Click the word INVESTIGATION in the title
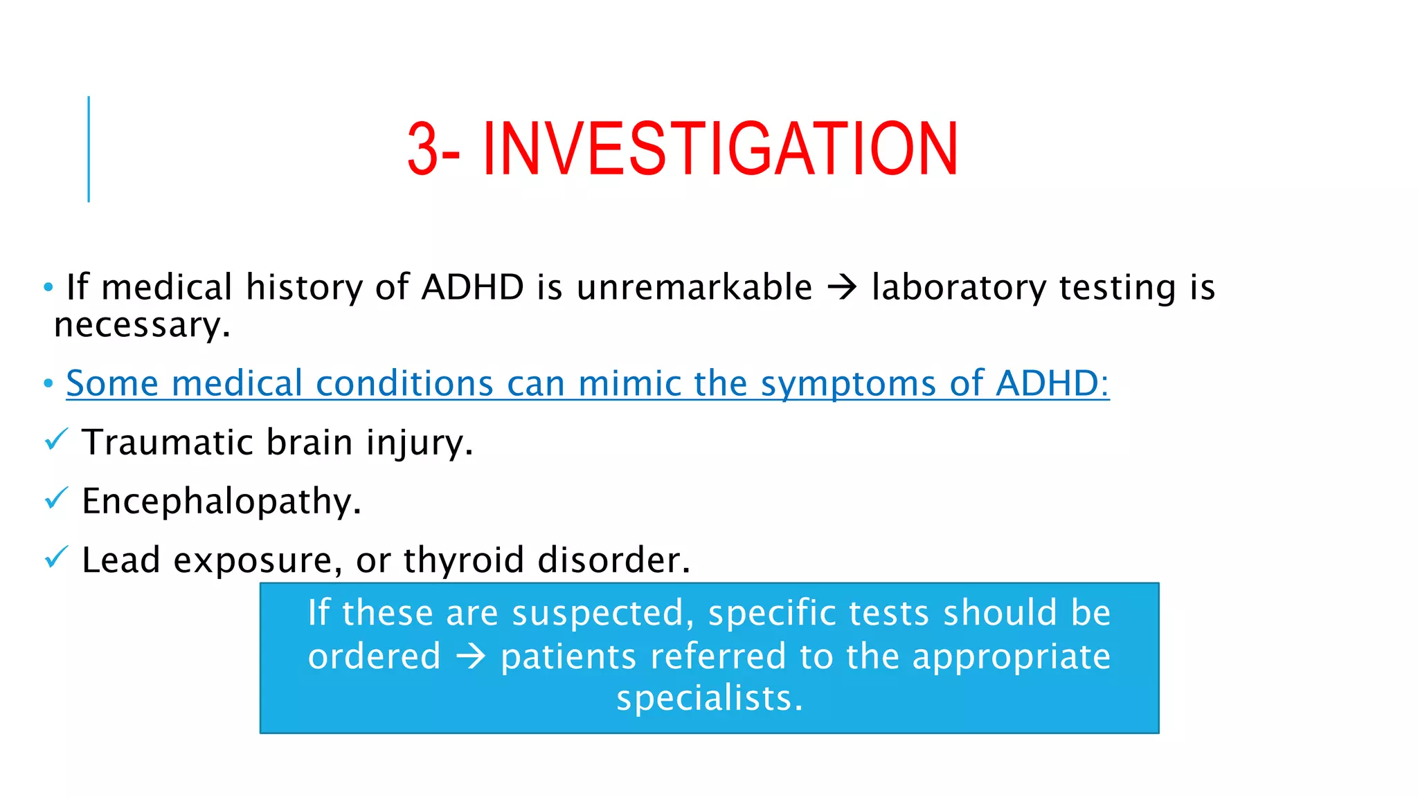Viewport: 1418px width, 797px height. pos(720,149)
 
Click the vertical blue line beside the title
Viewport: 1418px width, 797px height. pos(89,149)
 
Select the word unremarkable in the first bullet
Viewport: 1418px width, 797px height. pos(694,287)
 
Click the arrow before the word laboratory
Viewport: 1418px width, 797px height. pos(842,287)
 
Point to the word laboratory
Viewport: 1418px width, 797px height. pos(959,288)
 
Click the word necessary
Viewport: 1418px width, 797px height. pos(141,325)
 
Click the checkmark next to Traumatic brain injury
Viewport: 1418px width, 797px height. pos(56,439)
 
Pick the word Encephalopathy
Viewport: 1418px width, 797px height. pos(221,502)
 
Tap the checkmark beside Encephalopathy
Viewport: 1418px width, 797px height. pos(56,498)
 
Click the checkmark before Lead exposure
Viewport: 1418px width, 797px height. pos(56,557)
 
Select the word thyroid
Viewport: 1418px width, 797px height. pos(463,560)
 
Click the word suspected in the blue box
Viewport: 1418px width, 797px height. pos(602,614)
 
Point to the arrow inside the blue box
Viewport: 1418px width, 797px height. pos(471,656)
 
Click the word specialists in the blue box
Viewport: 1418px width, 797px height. pos(709,698)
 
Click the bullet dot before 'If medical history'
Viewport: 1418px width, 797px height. pos(48,287)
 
